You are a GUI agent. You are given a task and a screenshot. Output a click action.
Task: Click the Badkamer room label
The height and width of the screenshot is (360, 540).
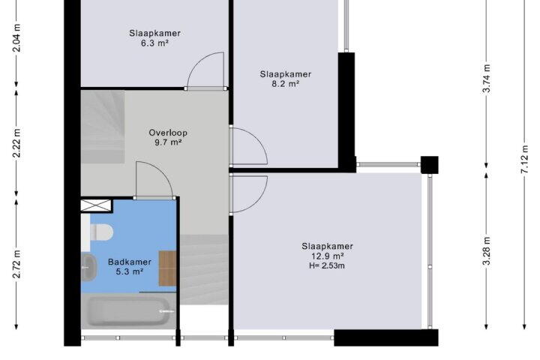click(x=130, y=262)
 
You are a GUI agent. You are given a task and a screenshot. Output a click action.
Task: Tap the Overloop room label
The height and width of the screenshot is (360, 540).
click(x=168, y=133)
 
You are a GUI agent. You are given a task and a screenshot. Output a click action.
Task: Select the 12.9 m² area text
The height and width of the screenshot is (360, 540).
click(x=327, y=256)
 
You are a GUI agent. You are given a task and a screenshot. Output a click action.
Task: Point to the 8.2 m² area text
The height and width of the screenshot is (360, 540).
click(x=286, y=84)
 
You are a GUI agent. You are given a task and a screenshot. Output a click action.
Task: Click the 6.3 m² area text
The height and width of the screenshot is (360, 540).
click(x=155, y=43)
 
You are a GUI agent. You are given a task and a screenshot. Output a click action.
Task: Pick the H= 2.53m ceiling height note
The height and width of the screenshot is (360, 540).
click(x=327, y=265)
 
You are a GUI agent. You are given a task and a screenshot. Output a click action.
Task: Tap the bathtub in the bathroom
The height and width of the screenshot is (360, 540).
click(x=128, y=311)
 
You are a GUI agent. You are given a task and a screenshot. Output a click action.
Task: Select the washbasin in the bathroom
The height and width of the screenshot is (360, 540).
click(x=89, y=267)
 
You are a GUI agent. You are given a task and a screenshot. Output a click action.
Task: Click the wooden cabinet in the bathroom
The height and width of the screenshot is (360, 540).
click(x=167, y=268)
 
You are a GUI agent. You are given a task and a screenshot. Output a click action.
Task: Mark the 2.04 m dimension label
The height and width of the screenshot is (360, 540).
click(x=16, y=38)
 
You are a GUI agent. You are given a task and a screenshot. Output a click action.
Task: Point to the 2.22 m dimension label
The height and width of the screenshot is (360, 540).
click(x=16, y=143)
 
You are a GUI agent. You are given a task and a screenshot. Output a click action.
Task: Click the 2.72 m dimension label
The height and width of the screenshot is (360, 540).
click(x=16, y=264)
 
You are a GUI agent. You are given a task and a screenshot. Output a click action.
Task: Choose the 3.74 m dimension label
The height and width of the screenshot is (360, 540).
click(x=486, y=79)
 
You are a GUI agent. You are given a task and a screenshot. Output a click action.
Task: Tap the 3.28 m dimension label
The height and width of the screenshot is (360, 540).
click(x=486, y=251)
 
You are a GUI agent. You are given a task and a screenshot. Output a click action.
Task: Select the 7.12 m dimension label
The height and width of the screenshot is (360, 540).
click(x=524, y=160)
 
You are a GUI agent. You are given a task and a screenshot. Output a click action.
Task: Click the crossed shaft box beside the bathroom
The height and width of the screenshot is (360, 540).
click(x=97, y=205)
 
